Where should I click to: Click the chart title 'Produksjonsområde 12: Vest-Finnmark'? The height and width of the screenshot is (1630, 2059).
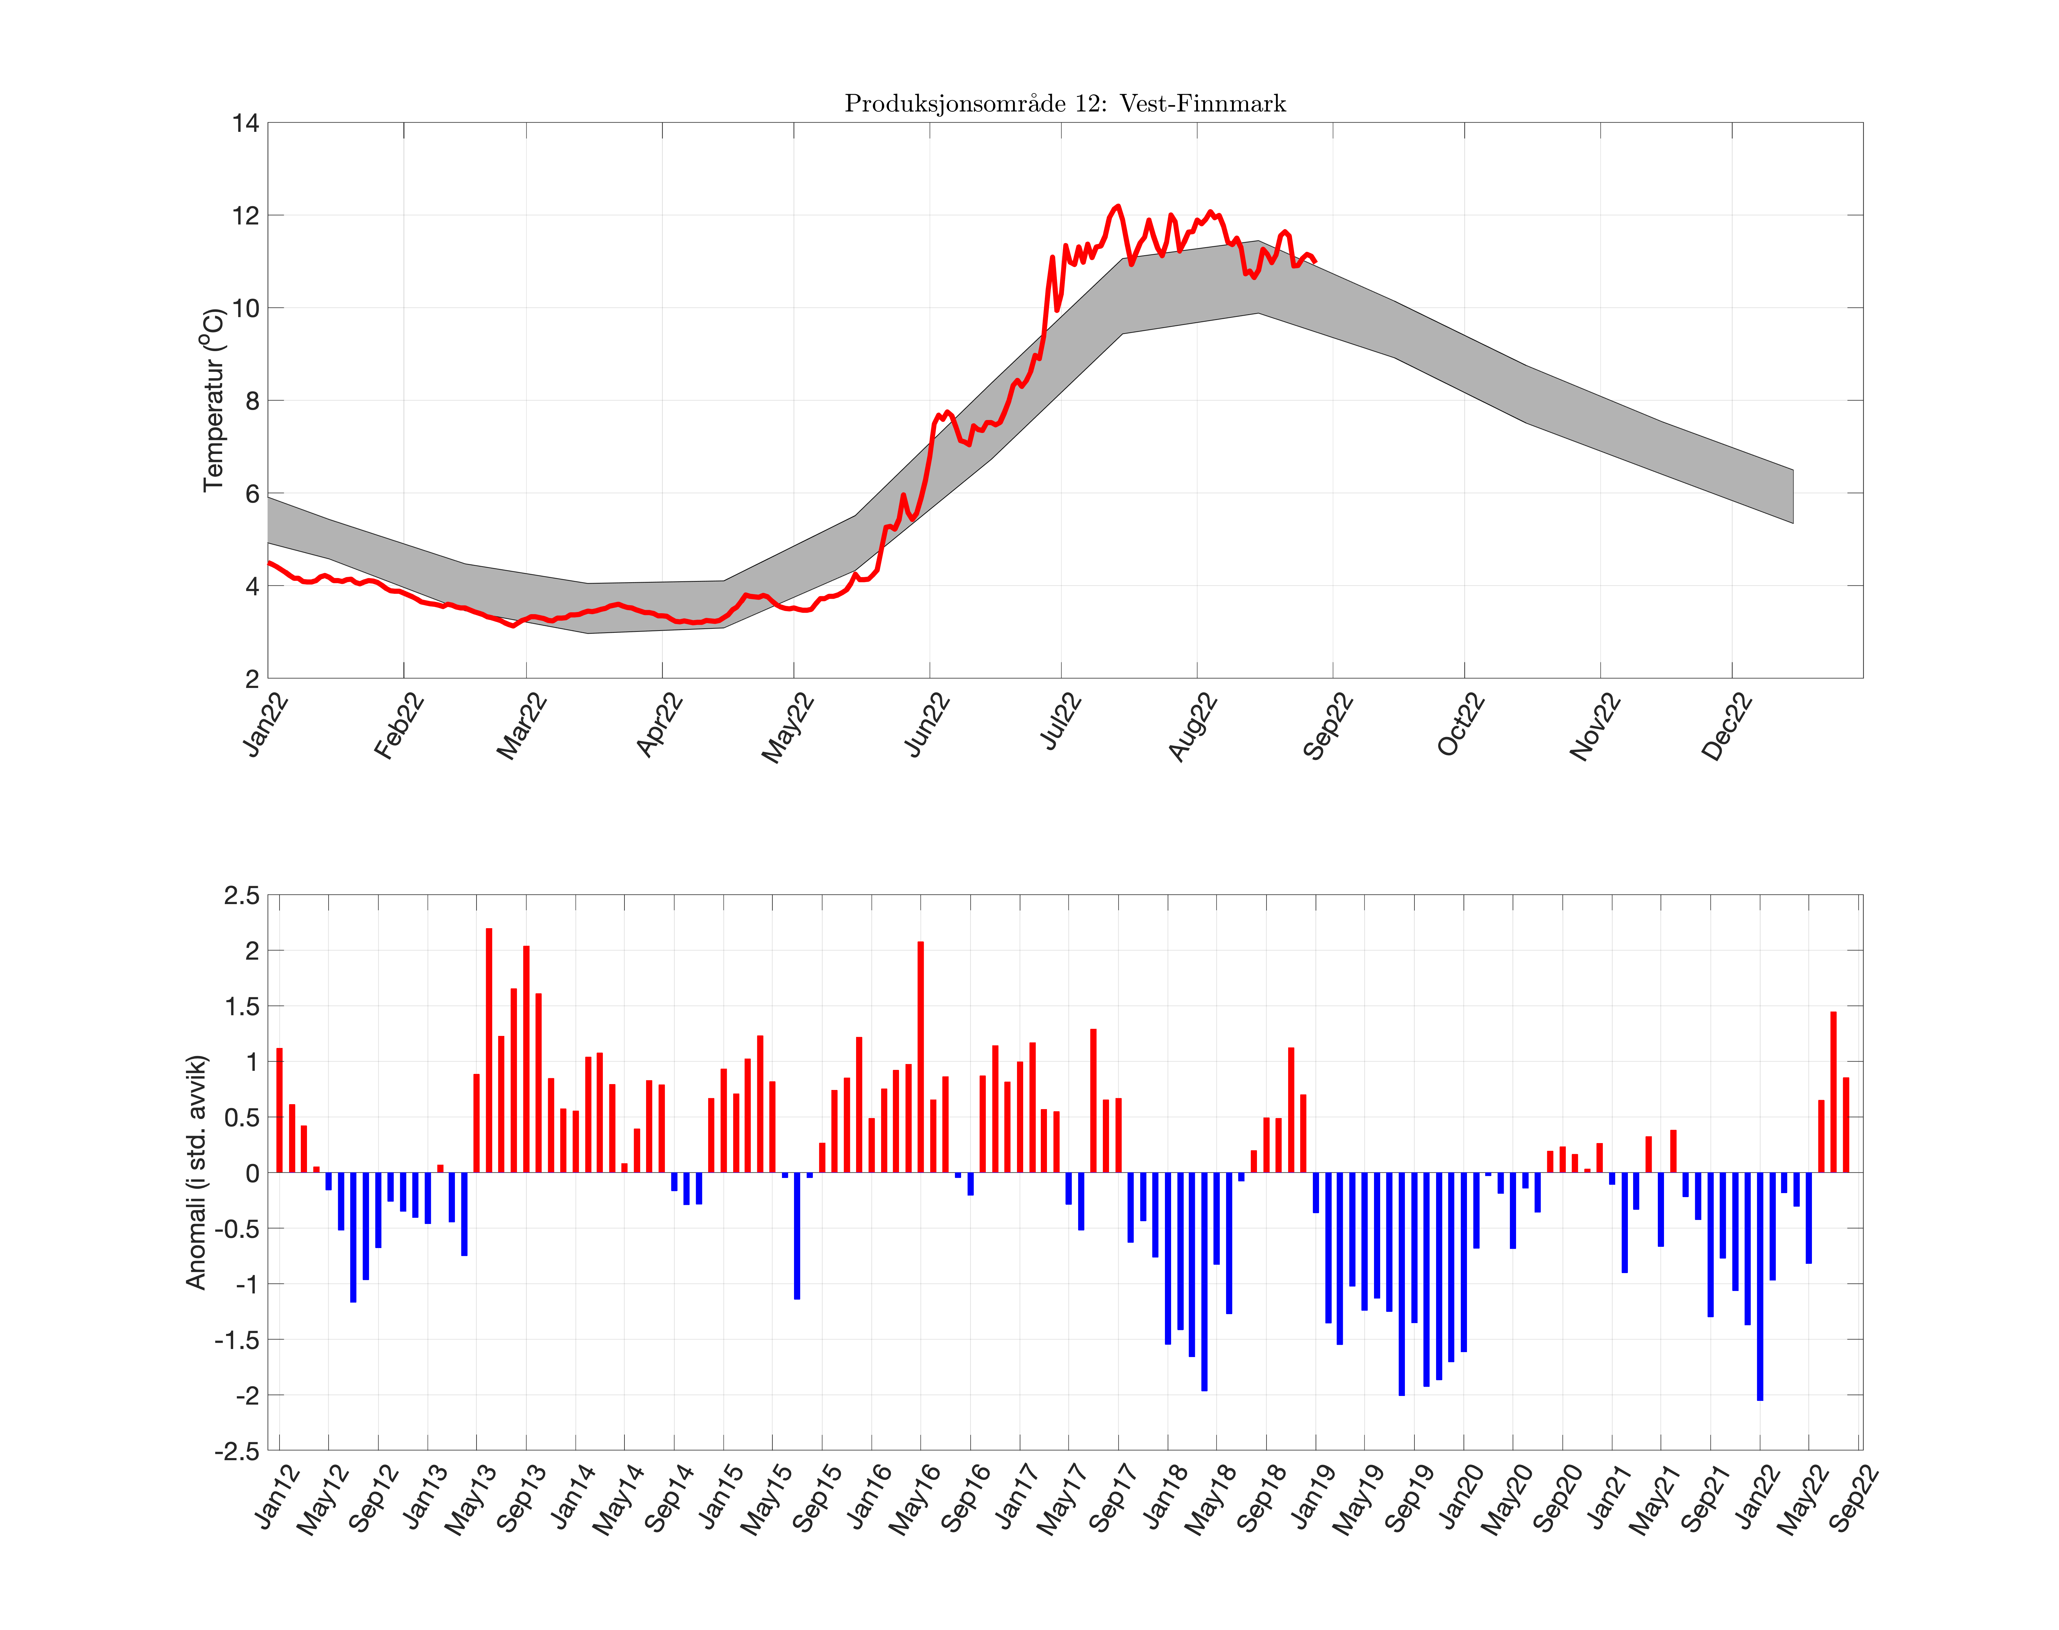1064,103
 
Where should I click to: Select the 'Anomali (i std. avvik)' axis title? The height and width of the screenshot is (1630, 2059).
196,1172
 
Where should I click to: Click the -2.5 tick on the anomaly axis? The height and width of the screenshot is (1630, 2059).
237,1451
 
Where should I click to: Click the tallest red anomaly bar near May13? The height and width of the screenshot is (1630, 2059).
489,1050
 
